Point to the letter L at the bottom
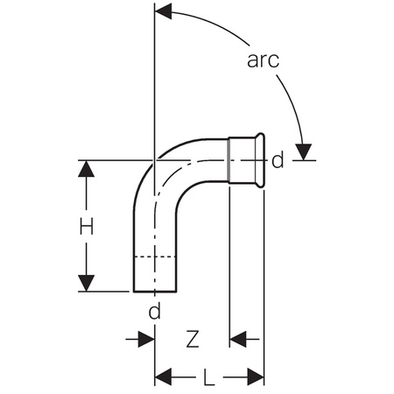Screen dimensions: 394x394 (209, 378)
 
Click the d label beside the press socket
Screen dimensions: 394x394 (278, 160)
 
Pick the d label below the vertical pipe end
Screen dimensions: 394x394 (155, 313)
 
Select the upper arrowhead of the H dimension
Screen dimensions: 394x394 (86, 170)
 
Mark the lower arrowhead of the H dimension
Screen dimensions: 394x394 (86, 281)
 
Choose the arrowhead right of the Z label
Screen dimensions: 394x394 (239, 336)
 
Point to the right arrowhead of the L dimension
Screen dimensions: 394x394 (255, 378)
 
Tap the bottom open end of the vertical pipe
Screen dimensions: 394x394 (153, 292)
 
